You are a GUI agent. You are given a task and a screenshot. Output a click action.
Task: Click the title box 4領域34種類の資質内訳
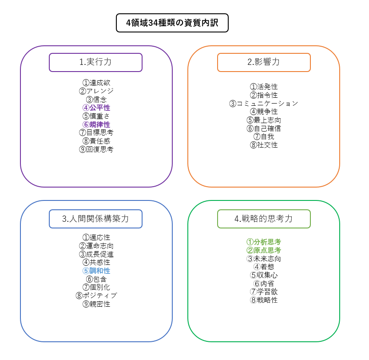coord(172,23)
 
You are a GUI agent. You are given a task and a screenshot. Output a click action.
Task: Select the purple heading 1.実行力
coord(95,62)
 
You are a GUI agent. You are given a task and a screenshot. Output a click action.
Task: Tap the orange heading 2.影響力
coord(264,62)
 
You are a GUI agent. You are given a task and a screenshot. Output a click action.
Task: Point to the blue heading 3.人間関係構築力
coord(95,219)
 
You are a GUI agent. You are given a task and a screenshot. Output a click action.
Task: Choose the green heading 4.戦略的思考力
coord(264,219)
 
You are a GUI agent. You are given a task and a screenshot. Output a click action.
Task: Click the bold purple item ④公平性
coord(96,108)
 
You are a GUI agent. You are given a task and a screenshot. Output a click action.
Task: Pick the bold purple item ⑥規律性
coord(96,124)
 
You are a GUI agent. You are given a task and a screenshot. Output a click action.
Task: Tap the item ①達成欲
coord(96,83)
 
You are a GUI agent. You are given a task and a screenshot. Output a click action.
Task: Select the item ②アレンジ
coord(96,91)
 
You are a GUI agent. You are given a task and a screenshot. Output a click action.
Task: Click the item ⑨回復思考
coord(96,149)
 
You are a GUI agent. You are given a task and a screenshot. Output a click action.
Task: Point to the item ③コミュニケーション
coord(264,104)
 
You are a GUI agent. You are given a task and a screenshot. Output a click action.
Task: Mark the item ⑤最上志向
coord(264,120)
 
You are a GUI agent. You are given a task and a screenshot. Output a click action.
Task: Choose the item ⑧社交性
coord(264,145)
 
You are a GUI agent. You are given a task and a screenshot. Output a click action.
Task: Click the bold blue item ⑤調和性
coord(96,271)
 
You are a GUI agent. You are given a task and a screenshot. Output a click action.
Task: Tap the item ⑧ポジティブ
coord(96,296)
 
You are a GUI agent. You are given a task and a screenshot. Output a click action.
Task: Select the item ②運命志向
coord(96,246)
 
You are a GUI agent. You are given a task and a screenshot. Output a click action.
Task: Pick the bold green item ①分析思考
coord(264,242)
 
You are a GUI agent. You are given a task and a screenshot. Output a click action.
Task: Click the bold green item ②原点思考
coord(264,250)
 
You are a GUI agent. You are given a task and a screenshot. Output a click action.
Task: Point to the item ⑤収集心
coord(264,275)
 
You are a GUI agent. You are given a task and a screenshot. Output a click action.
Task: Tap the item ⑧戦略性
coord(264,300)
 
